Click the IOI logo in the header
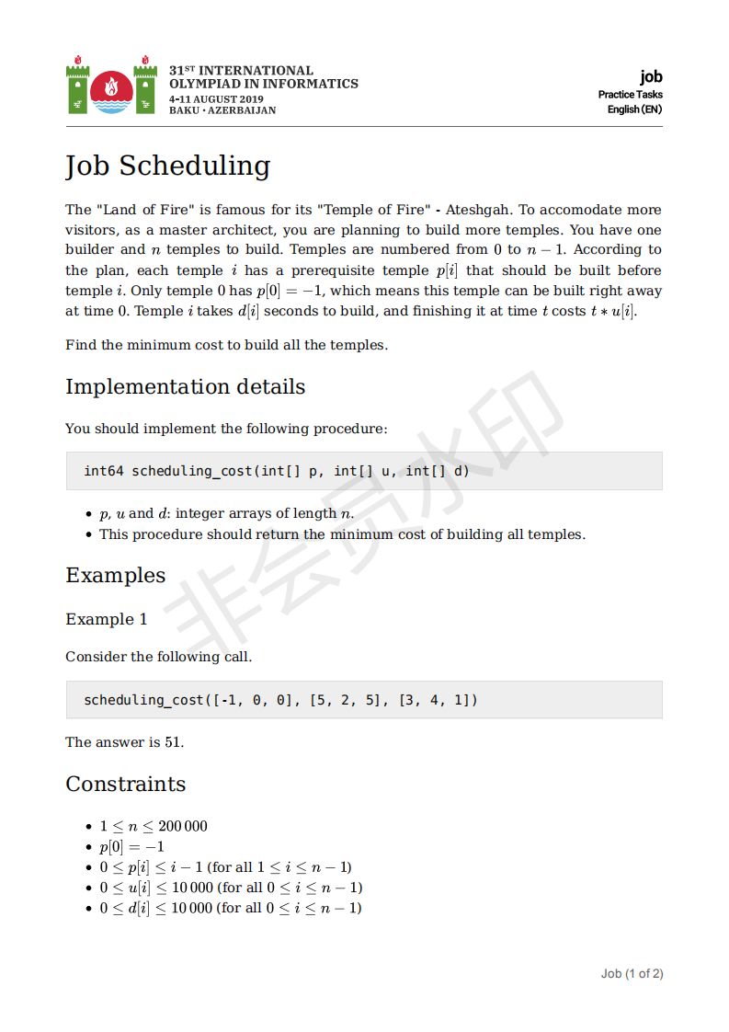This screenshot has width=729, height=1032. click(x=111, y=87)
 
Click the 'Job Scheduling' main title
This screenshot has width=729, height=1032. click(x=167, y=166)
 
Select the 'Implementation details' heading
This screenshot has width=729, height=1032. click(x=185, y=386)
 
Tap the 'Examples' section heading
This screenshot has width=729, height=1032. click(x=115, y=576)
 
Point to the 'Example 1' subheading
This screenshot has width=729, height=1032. click(x=106, y=619)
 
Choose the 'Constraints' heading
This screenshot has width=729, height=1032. click(x=125, y=785)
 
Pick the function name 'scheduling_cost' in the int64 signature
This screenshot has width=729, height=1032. click(x=192, y=471)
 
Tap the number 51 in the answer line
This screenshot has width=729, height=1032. click(x=173, y=742)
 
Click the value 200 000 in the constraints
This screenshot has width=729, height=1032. click(x=183, y=826)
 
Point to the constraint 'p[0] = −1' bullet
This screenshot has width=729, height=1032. click(x=131, y=846)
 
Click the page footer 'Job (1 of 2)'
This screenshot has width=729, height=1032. click(x=632, y=973)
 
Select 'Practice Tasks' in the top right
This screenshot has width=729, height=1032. click(x=630, y=95)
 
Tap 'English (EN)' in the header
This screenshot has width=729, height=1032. click(x=634, y=109)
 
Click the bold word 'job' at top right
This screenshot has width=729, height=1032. click(x=651, y=77)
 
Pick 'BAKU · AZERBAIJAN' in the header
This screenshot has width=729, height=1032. click(x=222, y=110)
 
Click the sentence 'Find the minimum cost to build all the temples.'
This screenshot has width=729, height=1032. click(x=226, y=345)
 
